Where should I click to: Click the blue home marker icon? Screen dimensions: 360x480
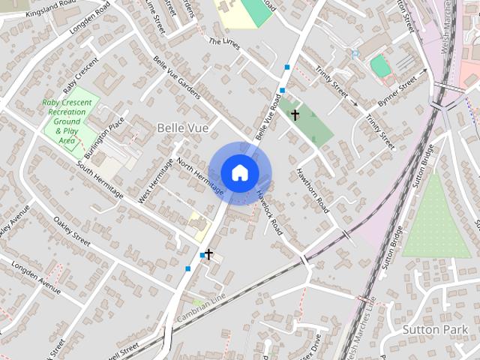239,172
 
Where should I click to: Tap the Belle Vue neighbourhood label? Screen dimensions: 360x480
177,127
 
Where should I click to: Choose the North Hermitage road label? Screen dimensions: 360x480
199,172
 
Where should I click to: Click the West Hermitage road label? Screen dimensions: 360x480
156,181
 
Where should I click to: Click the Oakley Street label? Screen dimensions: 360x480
72,232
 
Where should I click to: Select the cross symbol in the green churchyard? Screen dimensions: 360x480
295,115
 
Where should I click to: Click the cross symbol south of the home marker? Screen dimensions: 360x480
208,254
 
